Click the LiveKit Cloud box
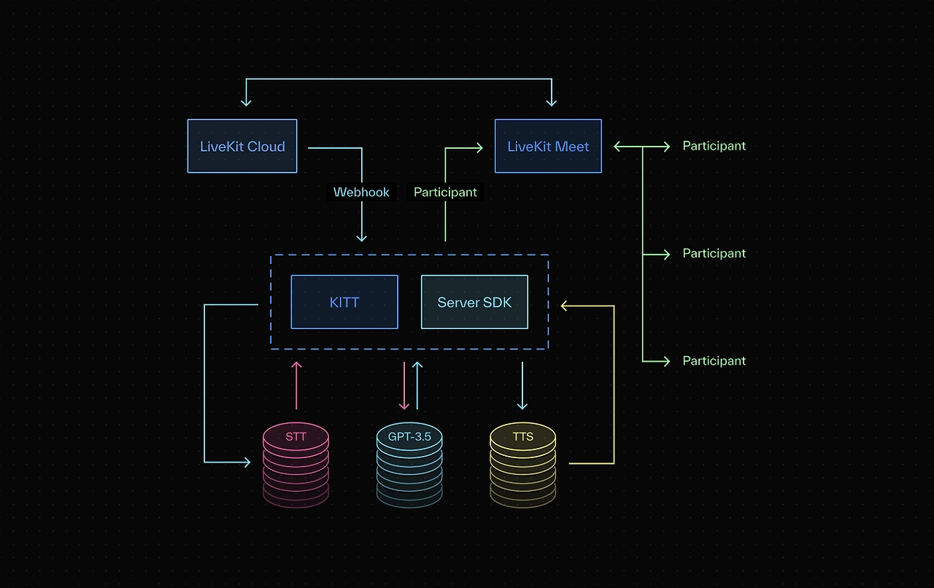242,147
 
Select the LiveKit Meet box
548,147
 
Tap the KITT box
344,302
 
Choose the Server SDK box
474,302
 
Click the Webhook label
361,193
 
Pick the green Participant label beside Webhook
445,193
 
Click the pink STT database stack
296,463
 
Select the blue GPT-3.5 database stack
409,463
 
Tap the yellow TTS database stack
522,463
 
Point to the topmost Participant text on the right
714,146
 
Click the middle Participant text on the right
714,253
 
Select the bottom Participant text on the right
714,360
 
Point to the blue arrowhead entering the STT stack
247,463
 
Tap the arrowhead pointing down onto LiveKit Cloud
246,102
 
